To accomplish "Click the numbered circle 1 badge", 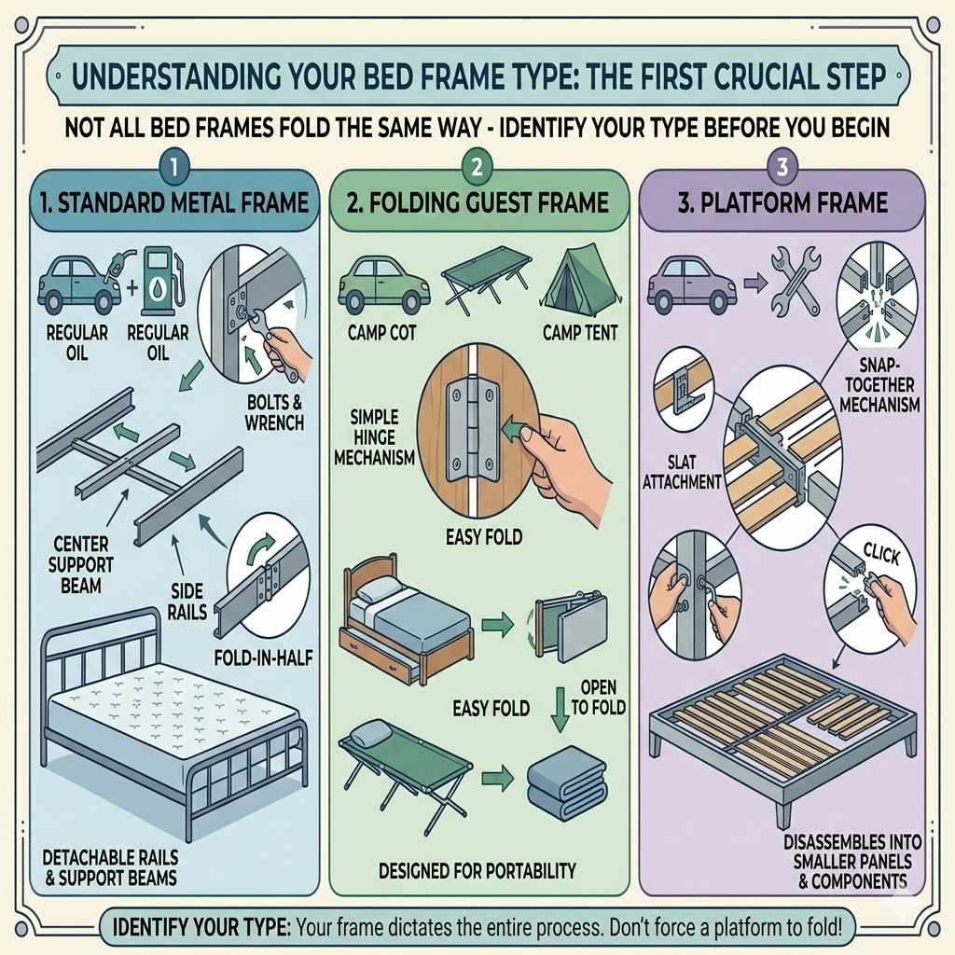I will coord(174,168).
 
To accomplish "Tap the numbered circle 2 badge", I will coord(477,168).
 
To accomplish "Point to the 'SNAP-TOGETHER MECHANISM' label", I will coord(879,385).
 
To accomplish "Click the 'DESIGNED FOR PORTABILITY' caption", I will coord(477,871).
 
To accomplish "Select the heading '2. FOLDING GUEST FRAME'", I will coord(477,201).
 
